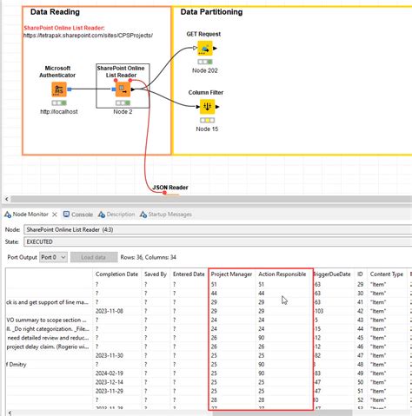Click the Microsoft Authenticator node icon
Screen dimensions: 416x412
click(x=59, y=90)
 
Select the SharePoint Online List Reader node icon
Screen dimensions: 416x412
click(x=123, y=89)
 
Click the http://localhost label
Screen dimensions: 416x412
click(x=59, y=112)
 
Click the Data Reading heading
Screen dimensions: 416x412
click(x=55, y=12)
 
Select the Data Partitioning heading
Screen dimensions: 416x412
click(x=211, y=12)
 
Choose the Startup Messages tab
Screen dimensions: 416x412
click(x=169, y=214)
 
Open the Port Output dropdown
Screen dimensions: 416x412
click(x=54, y=257)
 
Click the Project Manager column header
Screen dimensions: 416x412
click(x=231, y=274)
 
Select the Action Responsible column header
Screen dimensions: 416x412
click(x=282, y=274)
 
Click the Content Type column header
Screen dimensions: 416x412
click(x=387, y=274)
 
